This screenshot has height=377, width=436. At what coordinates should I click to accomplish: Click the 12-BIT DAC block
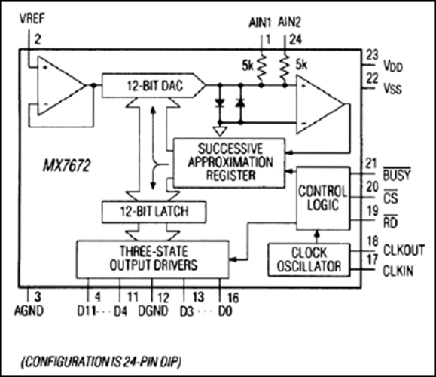(x=154, y=85)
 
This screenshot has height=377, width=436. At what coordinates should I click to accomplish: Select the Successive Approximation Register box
(x=230, y=163)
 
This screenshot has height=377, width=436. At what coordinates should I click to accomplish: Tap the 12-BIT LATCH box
(x=154, y=212)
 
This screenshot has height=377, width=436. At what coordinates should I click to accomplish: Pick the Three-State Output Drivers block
(x=153, y=259)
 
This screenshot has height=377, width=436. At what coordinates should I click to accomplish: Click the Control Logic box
(x=323, y=198)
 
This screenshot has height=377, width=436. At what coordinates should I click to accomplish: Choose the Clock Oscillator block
(x=309, y=260)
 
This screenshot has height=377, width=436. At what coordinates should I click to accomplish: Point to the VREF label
(x=32, y=18)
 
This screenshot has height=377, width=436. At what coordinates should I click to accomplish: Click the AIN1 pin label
(x=260, y=23)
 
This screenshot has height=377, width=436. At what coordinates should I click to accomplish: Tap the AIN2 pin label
(x=289, y=22)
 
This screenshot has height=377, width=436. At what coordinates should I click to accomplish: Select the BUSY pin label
(x=397, y=175)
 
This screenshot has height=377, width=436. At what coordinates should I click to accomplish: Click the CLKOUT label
(x=404, y=250)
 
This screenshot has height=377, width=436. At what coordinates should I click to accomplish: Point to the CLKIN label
(x=398, y=271)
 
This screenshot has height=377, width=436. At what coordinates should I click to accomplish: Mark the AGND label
(x=29, y=311)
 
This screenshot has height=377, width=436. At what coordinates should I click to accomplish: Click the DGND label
(x=153, y=311)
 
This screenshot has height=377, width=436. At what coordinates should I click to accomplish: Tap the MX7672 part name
(x=67, y=165)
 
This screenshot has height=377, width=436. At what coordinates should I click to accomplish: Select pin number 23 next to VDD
(x=372, y=55)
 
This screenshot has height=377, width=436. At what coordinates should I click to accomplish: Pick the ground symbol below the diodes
(x=220, y=131)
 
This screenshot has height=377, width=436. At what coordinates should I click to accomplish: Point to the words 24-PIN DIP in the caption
(x=152, y=362)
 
